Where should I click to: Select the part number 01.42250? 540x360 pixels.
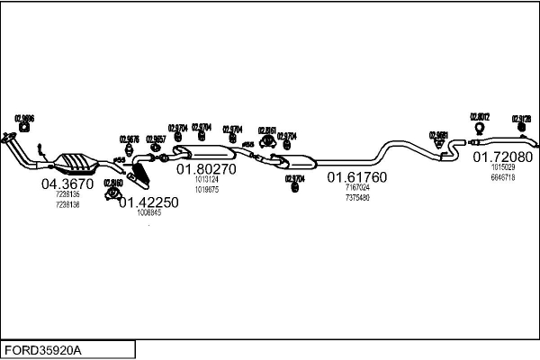[x=148, y=202]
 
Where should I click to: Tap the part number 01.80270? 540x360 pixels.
[x=205, y=168]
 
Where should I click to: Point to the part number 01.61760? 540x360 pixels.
[x=356, y=177]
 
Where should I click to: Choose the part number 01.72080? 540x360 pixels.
[x=503, y=157]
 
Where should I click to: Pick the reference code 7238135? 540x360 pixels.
[x=67, y=194]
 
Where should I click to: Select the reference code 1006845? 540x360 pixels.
[x=148, y=213]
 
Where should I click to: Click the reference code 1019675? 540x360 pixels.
[x=206, y=188]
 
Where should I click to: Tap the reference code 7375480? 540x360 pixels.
[x=357, y=197]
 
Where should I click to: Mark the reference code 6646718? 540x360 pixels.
[x=503, y=177]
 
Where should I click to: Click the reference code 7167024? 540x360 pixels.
[x=357, y=187]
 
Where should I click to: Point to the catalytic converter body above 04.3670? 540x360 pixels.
[x=77, y=163]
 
